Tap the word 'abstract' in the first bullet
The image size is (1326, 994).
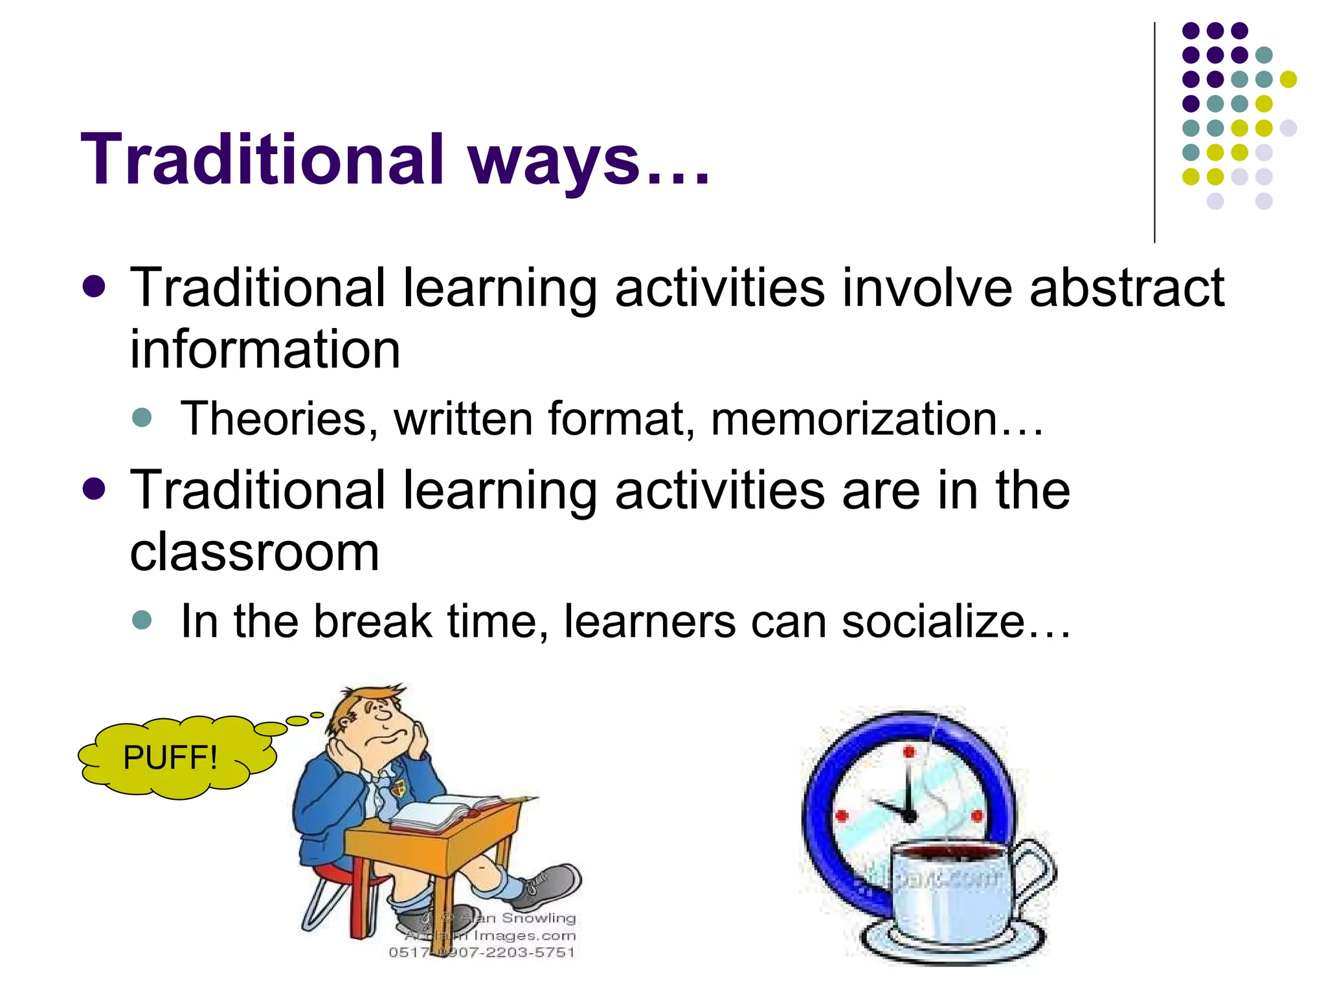click(x=1126, y=287)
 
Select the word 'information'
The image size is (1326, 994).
click(x=265, y=349)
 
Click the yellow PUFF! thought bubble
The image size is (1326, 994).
click(x=172, y=757)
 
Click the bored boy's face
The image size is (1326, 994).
click(x=382, y=725)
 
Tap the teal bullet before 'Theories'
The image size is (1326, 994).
click(x=141, y=417)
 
